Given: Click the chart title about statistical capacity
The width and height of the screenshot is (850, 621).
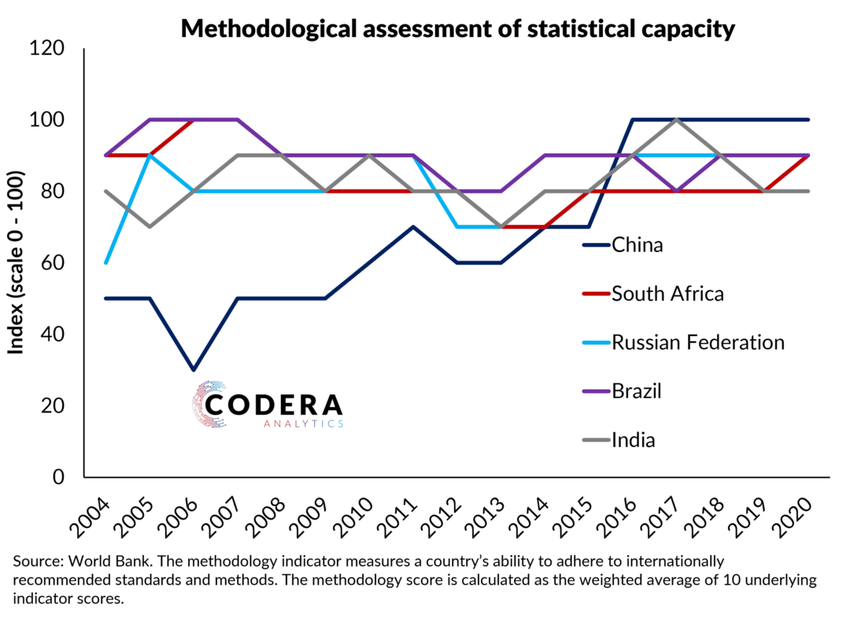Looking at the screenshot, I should tap(458, 29).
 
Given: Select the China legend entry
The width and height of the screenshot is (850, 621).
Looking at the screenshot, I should tap(637, 245).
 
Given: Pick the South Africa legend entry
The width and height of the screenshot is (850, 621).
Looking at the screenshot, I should tap(667, 294).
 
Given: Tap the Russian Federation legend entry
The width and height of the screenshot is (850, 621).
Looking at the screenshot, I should tap(698, 342).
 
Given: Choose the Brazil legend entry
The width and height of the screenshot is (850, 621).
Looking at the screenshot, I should tap(637, 391).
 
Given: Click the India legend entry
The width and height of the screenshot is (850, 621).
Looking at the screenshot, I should tap(633, 439).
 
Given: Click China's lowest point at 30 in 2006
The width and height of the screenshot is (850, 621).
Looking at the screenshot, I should tap(194, 370).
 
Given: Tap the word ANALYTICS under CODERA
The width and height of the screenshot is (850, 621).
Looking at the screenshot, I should tap(304, 423).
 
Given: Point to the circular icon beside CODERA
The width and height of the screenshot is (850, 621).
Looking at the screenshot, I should tap(208, 404).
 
